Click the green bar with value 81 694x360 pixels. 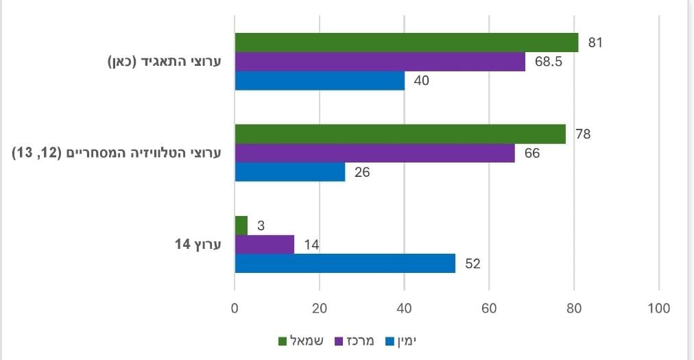406,43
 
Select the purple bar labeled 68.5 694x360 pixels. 380,62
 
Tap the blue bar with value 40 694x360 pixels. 320,81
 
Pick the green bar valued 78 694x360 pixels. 400,134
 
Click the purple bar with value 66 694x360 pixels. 374,153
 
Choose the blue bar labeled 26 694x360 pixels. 289,172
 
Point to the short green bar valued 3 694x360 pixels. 241,225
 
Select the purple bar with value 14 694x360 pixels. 265,244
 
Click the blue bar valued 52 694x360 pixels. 345,263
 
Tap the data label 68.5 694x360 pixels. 549,62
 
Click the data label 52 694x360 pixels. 472,263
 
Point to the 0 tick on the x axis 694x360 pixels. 235,309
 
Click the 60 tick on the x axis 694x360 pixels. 489,309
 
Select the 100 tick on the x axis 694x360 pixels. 659,309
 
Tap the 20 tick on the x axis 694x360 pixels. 320,309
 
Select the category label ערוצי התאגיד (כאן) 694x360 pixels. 165,62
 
